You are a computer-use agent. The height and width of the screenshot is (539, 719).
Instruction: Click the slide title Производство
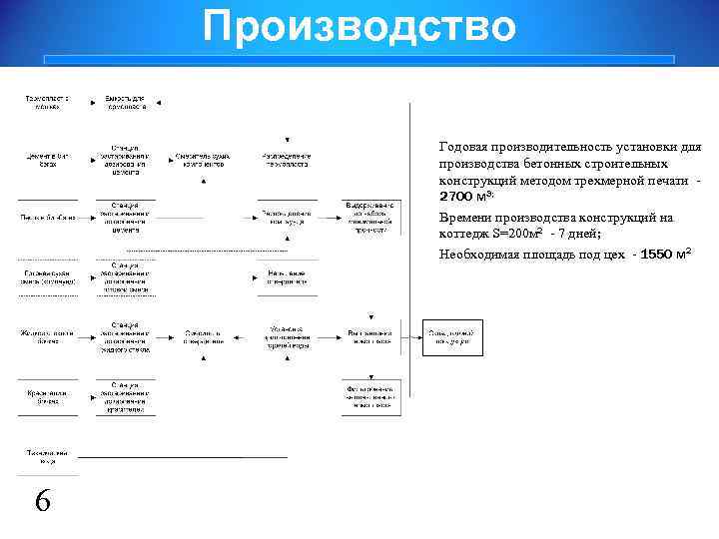pyautogui.click(x=359, y=27)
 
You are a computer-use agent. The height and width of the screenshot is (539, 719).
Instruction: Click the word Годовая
pyautogui.click(x=463, y=147)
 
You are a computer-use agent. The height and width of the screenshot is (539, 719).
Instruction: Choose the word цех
pyautogui.click(x=615, y=255)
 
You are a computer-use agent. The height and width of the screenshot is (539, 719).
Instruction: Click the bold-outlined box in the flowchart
pyautogui.click(x=453, y=337)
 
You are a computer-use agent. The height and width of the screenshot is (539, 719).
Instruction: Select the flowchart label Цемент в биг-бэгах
pyautogui.click(x=49, y=160)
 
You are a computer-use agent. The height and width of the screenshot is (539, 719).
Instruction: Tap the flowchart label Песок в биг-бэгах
pyautogui.click(x=49, y=217)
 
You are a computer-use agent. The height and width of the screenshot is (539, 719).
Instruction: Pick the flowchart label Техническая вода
pyautogui.click(x=48, y=458)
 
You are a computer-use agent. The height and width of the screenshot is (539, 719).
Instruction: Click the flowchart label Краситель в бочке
pyautogui.click(x=49, y=397)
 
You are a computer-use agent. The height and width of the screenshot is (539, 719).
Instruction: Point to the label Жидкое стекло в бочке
pyautogui.click(x=49, y=336)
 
